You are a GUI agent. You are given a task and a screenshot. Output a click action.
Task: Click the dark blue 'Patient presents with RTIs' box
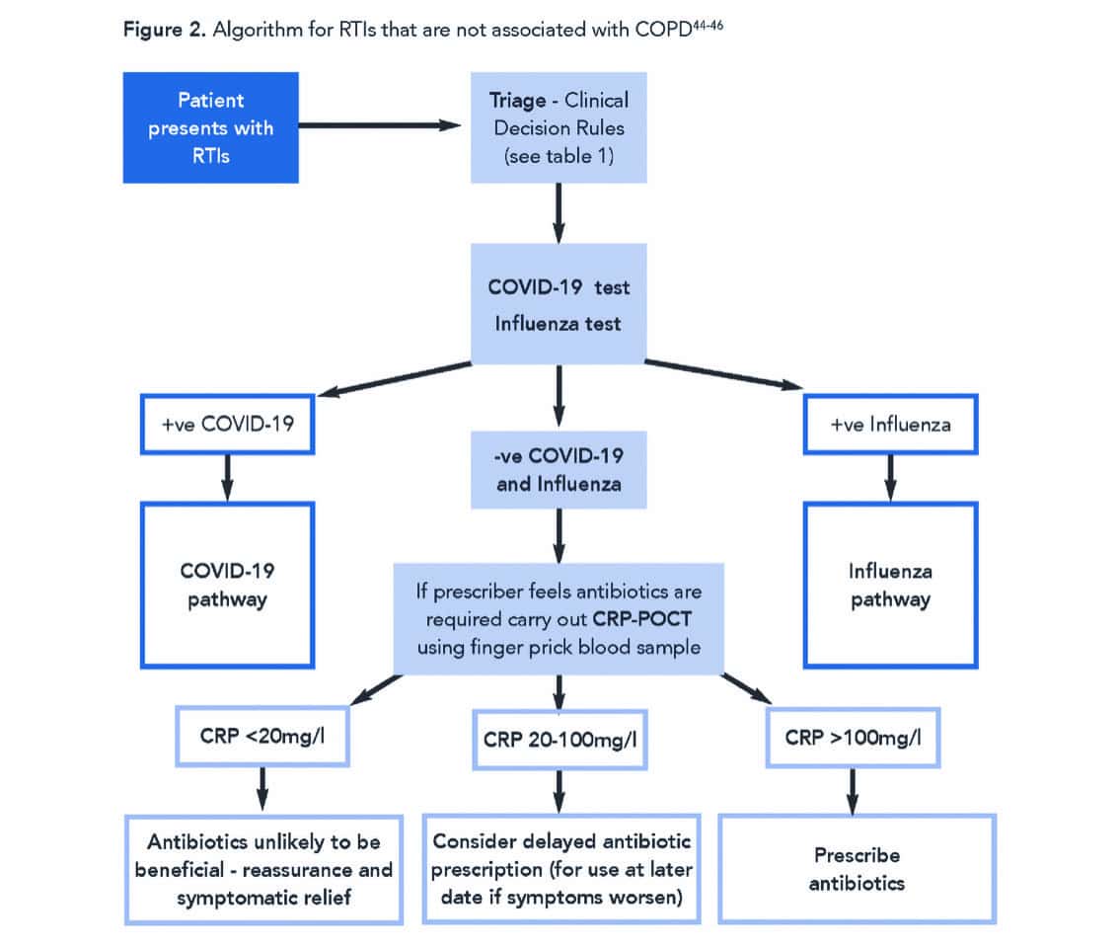coord(210,127)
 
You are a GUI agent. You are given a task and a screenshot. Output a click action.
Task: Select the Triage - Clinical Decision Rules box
coord(559,127)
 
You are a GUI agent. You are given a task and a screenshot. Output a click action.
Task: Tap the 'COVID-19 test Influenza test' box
coord(559,304)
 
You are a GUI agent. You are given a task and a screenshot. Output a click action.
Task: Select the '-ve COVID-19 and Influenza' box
coord(559,471)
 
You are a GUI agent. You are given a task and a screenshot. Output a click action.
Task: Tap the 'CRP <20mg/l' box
coord(262,737)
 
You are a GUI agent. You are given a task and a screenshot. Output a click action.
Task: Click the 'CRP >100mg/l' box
coord(854,737)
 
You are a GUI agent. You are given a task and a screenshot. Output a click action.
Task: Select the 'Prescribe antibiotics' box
coord(857,868)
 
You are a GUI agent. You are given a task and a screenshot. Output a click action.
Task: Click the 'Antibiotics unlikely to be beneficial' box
coord(263,868)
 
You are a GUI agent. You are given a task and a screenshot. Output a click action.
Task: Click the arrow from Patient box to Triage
coord(380,126)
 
